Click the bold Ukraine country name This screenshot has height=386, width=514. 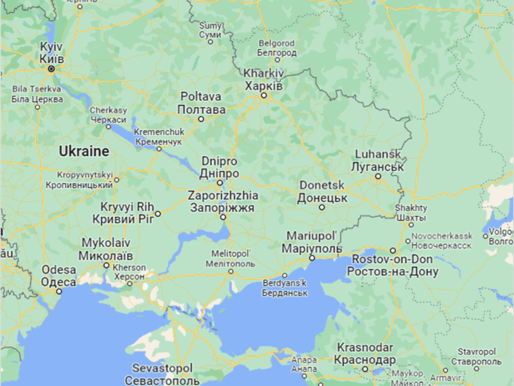pos(83,151)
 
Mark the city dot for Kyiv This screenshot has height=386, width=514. pos(51,68)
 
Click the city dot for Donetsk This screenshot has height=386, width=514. pos(322,207)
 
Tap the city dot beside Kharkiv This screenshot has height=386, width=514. pos(264,94)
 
